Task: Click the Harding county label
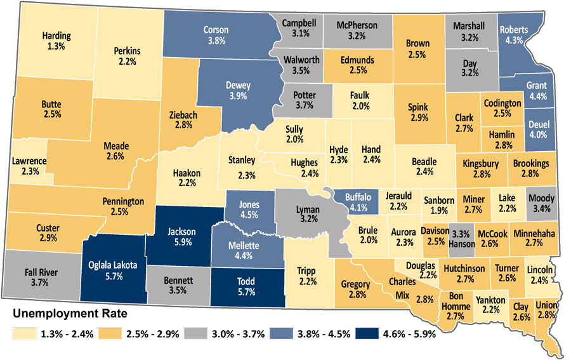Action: tap(56, 36)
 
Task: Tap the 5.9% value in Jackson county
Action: tap(182, 242)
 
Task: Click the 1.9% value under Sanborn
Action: tap(438, 211)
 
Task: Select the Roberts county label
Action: tap(514, 29)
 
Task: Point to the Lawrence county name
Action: tap(29, 161)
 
